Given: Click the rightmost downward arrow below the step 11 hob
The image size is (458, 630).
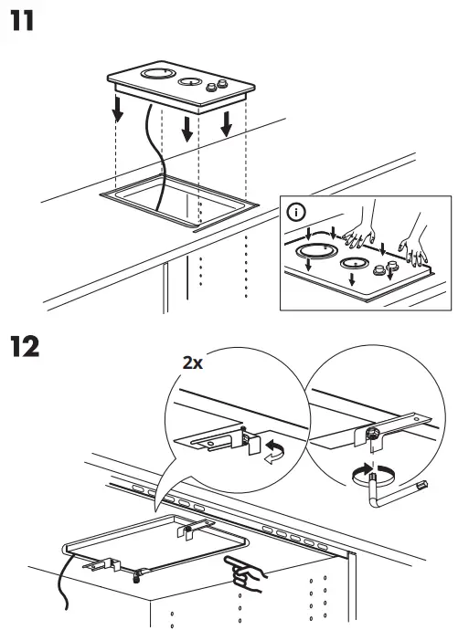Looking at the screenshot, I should (x=226, y=122).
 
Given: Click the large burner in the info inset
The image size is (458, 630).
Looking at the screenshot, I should (x=315, y=250).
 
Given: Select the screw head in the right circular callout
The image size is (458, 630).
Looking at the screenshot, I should (x=373, y=434).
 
